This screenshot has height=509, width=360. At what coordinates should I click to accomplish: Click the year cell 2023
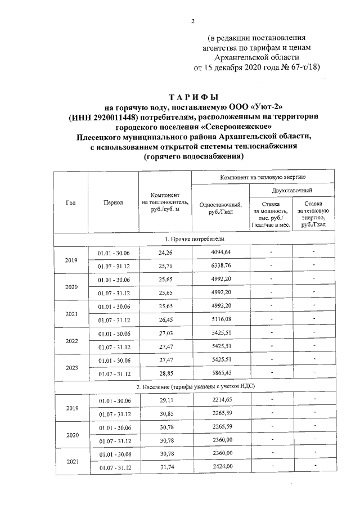click(x=71, y=367)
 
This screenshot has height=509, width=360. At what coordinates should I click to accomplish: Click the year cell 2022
click(x=71, y=340)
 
